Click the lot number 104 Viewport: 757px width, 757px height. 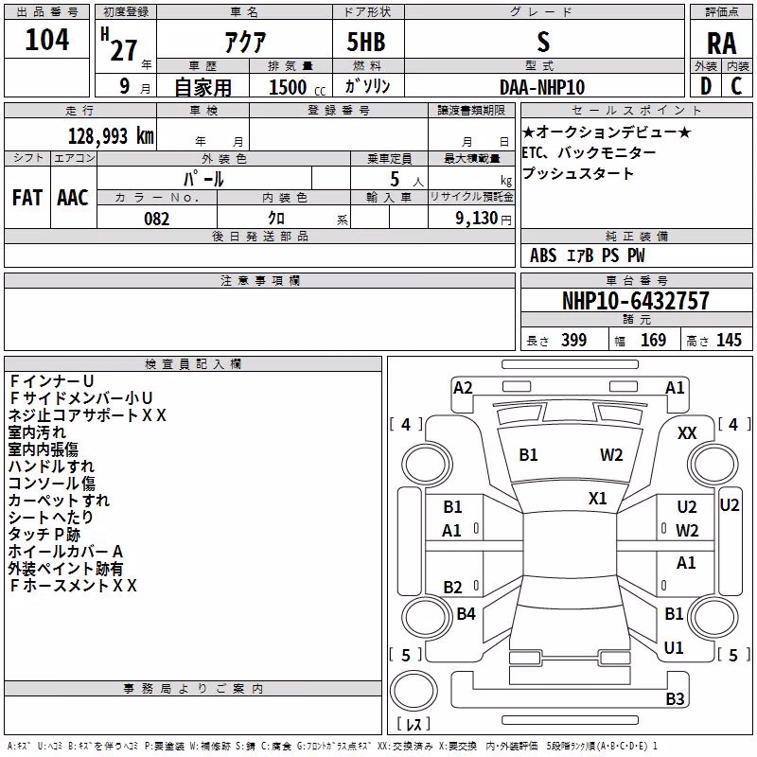(46, 40)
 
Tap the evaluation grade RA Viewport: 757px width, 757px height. (721, 44)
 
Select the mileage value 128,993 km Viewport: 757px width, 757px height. (111, 136)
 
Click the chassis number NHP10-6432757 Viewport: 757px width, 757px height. (636, 301)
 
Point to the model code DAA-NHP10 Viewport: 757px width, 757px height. (542, 87)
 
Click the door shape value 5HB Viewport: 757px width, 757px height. (366, 42)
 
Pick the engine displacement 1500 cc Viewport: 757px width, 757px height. (297, 87)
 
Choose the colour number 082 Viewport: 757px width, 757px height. (156, 219)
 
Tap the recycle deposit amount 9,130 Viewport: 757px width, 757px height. (477, 219)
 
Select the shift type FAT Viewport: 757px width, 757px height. (27, 198)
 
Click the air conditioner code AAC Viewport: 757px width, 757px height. (73, 198)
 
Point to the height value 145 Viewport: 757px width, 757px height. (729, 340)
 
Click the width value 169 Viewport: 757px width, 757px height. (653, 340)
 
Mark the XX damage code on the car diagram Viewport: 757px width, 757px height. (687, 433)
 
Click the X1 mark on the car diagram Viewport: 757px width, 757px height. (598, 499)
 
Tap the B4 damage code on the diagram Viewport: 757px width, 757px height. (466, 613)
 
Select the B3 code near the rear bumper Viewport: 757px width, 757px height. (675, 698)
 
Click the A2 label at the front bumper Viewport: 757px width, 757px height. (463, 388)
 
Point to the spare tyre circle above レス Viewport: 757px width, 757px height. (414, 691)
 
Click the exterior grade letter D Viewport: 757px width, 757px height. (706, 86)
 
